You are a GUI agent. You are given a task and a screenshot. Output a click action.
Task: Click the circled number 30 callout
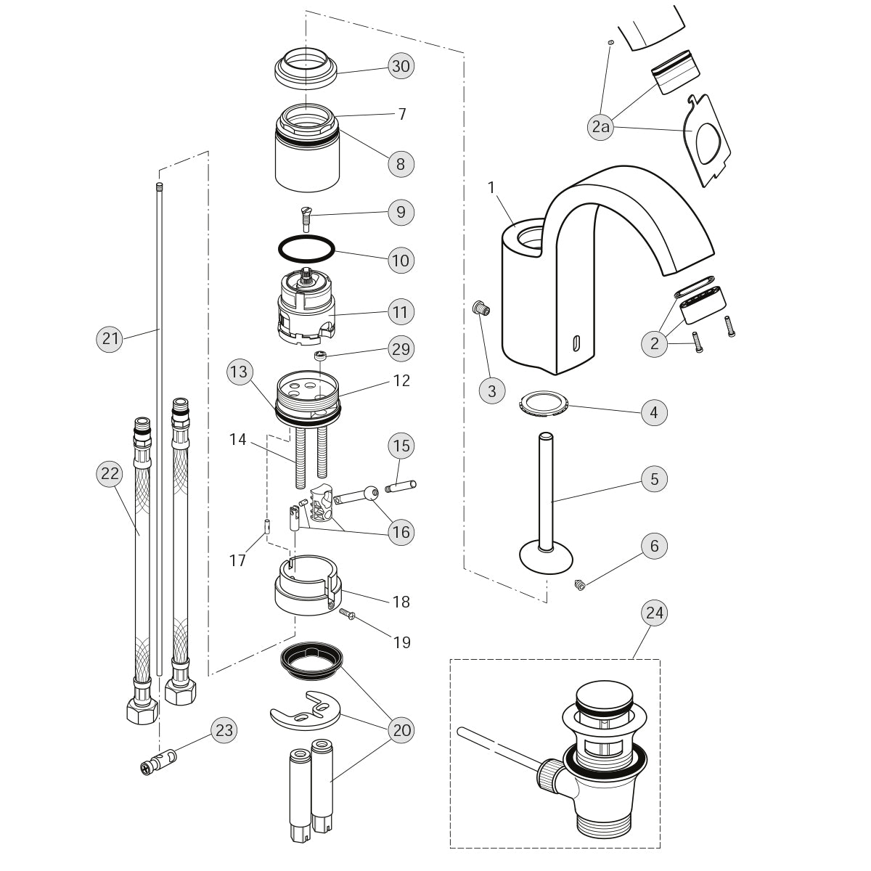(x=400, y=66)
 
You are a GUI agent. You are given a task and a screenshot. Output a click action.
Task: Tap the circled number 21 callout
(x=110, y=338)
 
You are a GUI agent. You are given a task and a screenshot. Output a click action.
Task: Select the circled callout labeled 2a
(x=600, y=128)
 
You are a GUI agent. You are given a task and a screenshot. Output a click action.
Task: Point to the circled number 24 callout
(x=654, y=613)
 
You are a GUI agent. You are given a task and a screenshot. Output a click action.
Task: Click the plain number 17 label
(x=238, y=560)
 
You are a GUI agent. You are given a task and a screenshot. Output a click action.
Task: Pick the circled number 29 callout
(x=400, y=349)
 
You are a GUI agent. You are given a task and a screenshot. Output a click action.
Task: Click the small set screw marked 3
(x=480, y=310)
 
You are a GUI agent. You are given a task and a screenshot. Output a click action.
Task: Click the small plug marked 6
(x=579, y=583)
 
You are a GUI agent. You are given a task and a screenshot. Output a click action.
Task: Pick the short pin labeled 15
(x=400, y=486)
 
